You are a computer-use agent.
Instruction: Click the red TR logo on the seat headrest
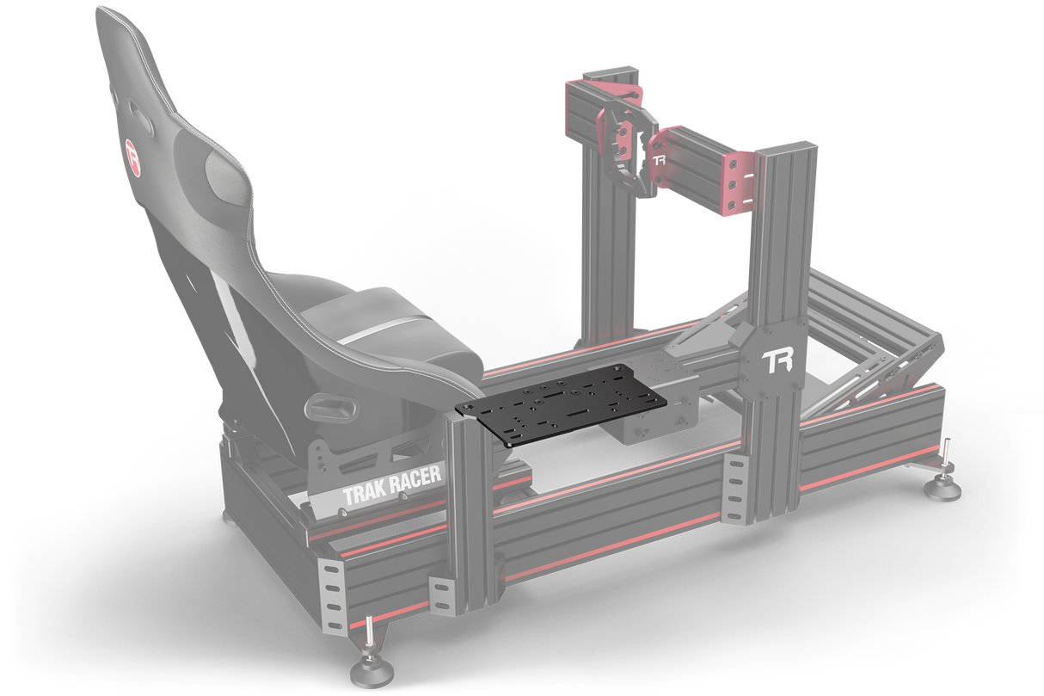pyautogui.click(x=133, y=154)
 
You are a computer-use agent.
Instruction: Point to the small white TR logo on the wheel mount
pyautogui.click(x=660, y=160)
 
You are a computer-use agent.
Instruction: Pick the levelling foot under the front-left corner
pyautogui.click(x=368, y=668)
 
